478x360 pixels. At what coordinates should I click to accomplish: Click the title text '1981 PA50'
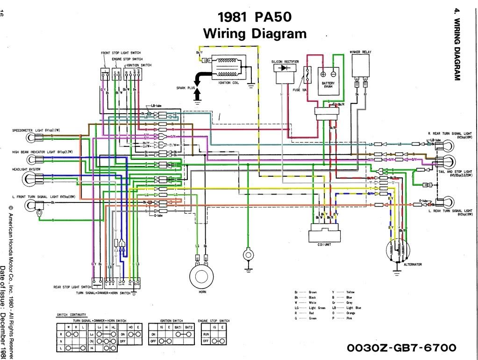pyautogui.click(x=255, y=17)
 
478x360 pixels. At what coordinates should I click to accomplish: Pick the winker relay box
pyautogui.click(x=361, y=67)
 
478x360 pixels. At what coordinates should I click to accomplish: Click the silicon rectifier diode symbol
pyautogui.click(x=283, y=68)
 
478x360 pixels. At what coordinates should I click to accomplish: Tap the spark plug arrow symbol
pyautogui.click(x=197, y=84)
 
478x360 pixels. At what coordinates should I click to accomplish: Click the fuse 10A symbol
pyautogui.click(x=308, y=75)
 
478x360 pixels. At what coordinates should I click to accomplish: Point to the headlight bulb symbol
pyautogui.click(x=32, y=178)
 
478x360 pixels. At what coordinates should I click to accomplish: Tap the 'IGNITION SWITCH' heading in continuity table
pyautogui.click(x=171, y=321)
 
